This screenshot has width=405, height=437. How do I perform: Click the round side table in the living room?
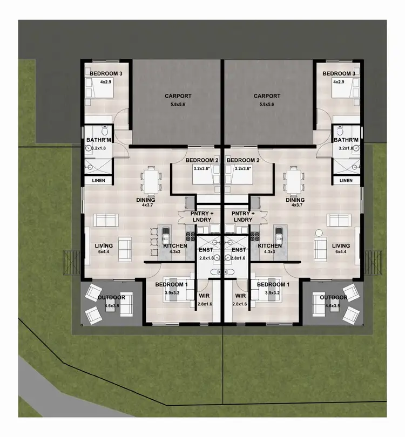319,233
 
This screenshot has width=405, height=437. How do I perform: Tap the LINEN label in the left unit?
98,180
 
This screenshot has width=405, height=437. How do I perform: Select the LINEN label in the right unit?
346,180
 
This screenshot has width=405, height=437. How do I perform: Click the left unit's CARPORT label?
178,97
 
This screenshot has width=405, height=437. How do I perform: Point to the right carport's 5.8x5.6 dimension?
267,104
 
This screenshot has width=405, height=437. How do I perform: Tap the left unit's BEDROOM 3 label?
105,73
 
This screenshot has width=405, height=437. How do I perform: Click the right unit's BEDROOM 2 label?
244,160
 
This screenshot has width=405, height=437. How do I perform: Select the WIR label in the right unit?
241,296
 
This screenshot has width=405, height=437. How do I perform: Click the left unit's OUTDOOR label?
111,297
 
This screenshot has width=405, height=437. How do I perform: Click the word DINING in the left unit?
146,199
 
